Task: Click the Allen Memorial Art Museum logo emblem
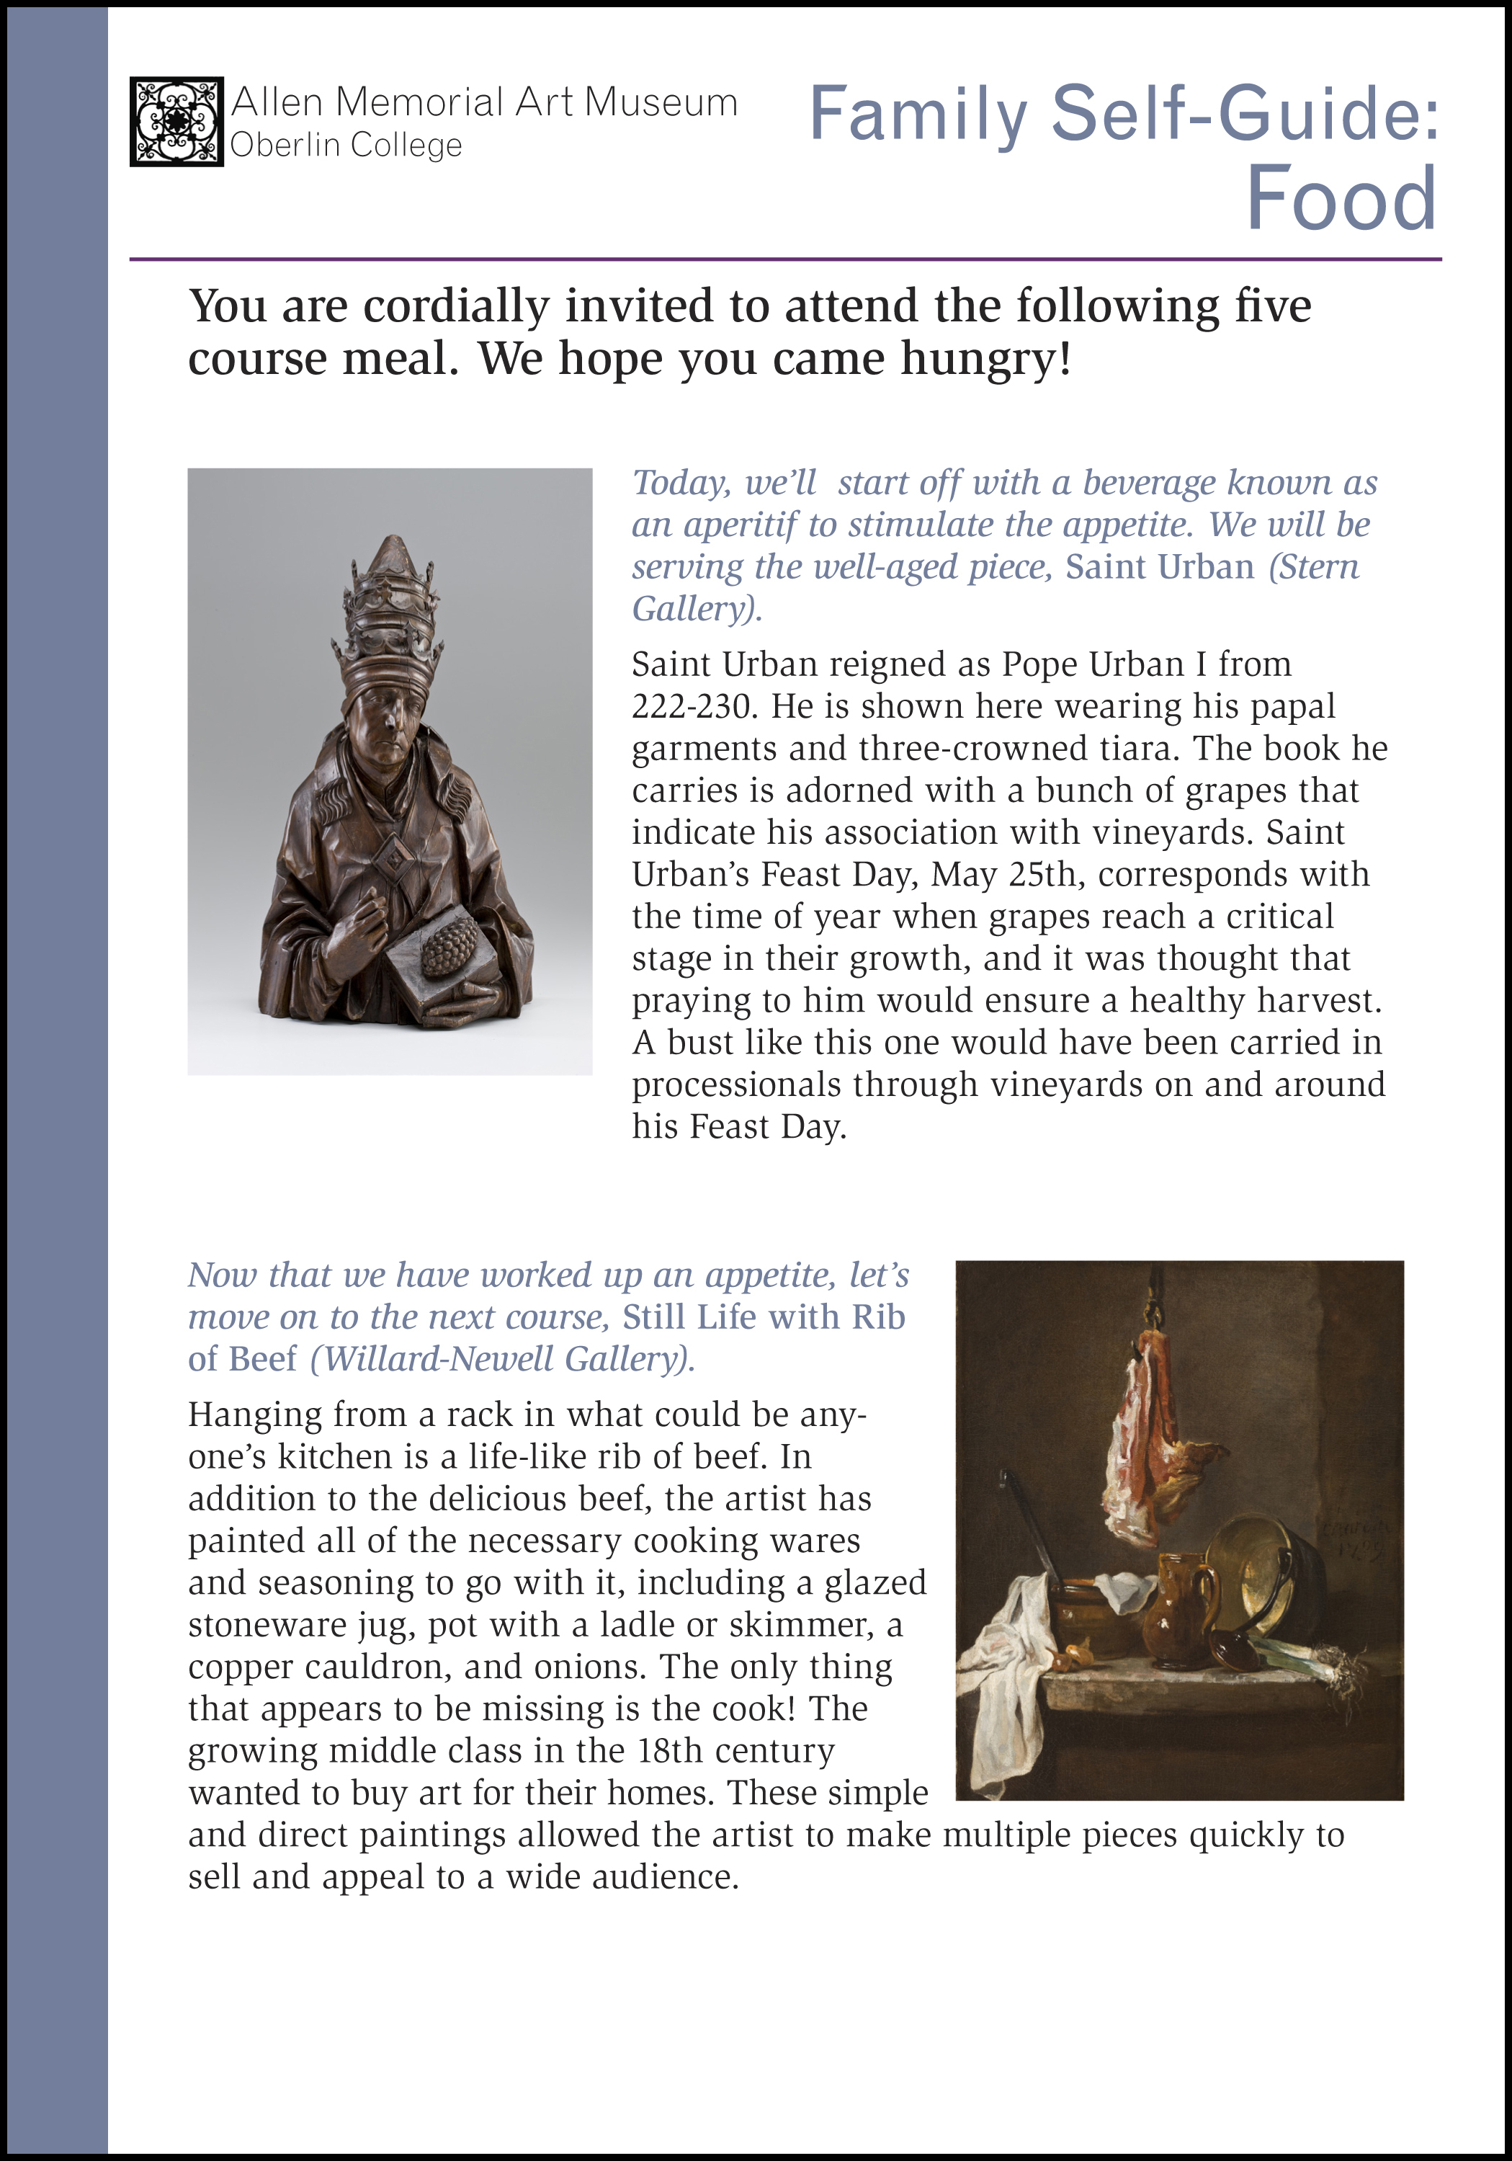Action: point(176,121)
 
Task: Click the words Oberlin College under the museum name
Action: point(346,146)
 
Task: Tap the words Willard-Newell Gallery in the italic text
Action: point(501,1359)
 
